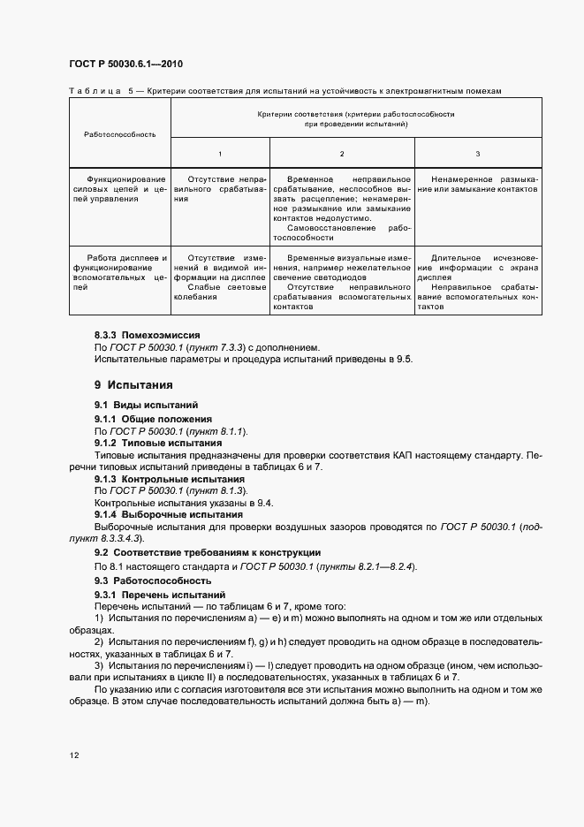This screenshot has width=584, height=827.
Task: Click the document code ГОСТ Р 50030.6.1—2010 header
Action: [x=126, y=64]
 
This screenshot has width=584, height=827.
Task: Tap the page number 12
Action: [x=73, y=754]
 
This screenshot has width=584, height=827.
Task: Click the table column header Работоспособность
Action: [x=119, y=134]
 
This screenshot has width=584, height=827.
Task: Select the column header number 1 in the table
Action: [x=220, y=154]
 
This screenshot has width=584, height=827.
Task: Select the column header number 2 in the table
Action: [x=342, y=154]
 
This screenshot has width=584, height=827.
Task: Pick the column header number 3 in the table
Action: [x=477, y=154]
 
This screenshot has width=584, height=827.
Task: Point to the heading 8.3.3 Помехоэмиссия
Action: [x=147, y=336]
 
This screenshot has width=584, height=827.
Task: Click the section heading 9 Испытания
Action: [x=133, y=385]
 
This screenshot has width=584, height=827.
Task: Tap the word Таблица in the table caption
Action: [x=94, y=90]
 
